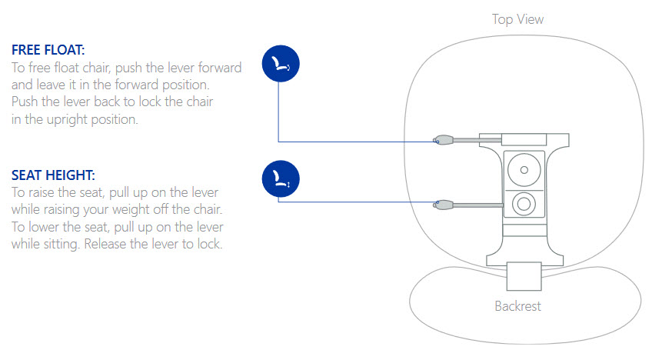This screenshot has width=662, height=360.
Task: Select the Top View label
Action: click(x=518, y=19)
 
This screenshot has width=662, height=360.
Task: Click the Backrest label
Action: click(x=517, y=306)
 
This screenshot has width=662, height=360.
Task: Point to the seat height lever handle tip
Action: click(x=442, y=204)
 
